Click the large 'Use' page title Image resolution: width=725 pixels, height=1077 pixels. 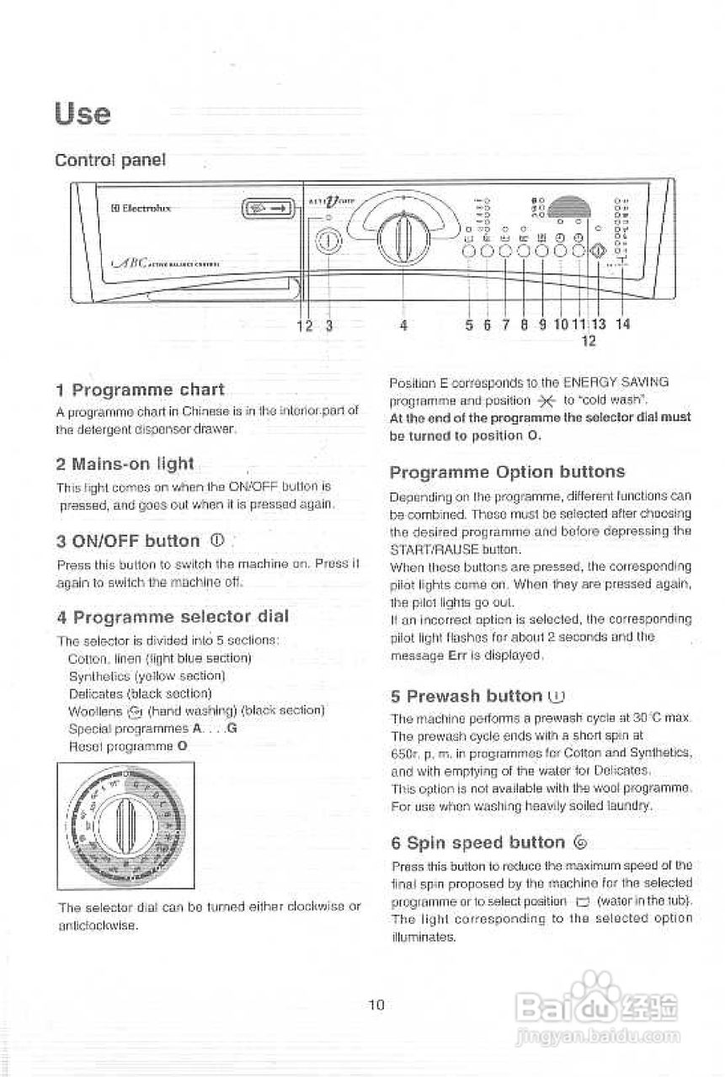(x=83, y=113)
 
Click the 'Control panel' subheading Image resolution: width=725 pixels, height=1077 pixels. (x=109, y=160)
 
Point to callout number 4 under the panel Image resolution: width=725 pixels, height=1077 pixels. (x=404, y=324)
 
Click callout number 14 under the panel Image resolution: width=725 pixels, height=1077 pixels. (x=622, y=324)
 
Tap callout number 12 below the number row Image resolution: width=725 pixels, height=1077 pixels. (x=589, y=341)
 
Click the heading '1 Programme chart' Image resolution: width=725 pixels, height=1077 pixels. (x=140, y=390)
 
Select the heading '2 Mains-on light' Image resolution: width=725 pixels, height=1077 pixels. (x=125, y=464)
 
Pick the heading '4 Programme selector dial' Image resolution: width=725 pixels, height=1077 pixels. (x=172, y=616)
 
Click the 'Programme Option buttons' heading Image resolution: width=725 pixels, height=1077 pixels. (x=507, y=471)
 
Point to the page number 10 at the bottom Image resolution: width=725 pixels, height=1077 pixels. (x=376, y=1004)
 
